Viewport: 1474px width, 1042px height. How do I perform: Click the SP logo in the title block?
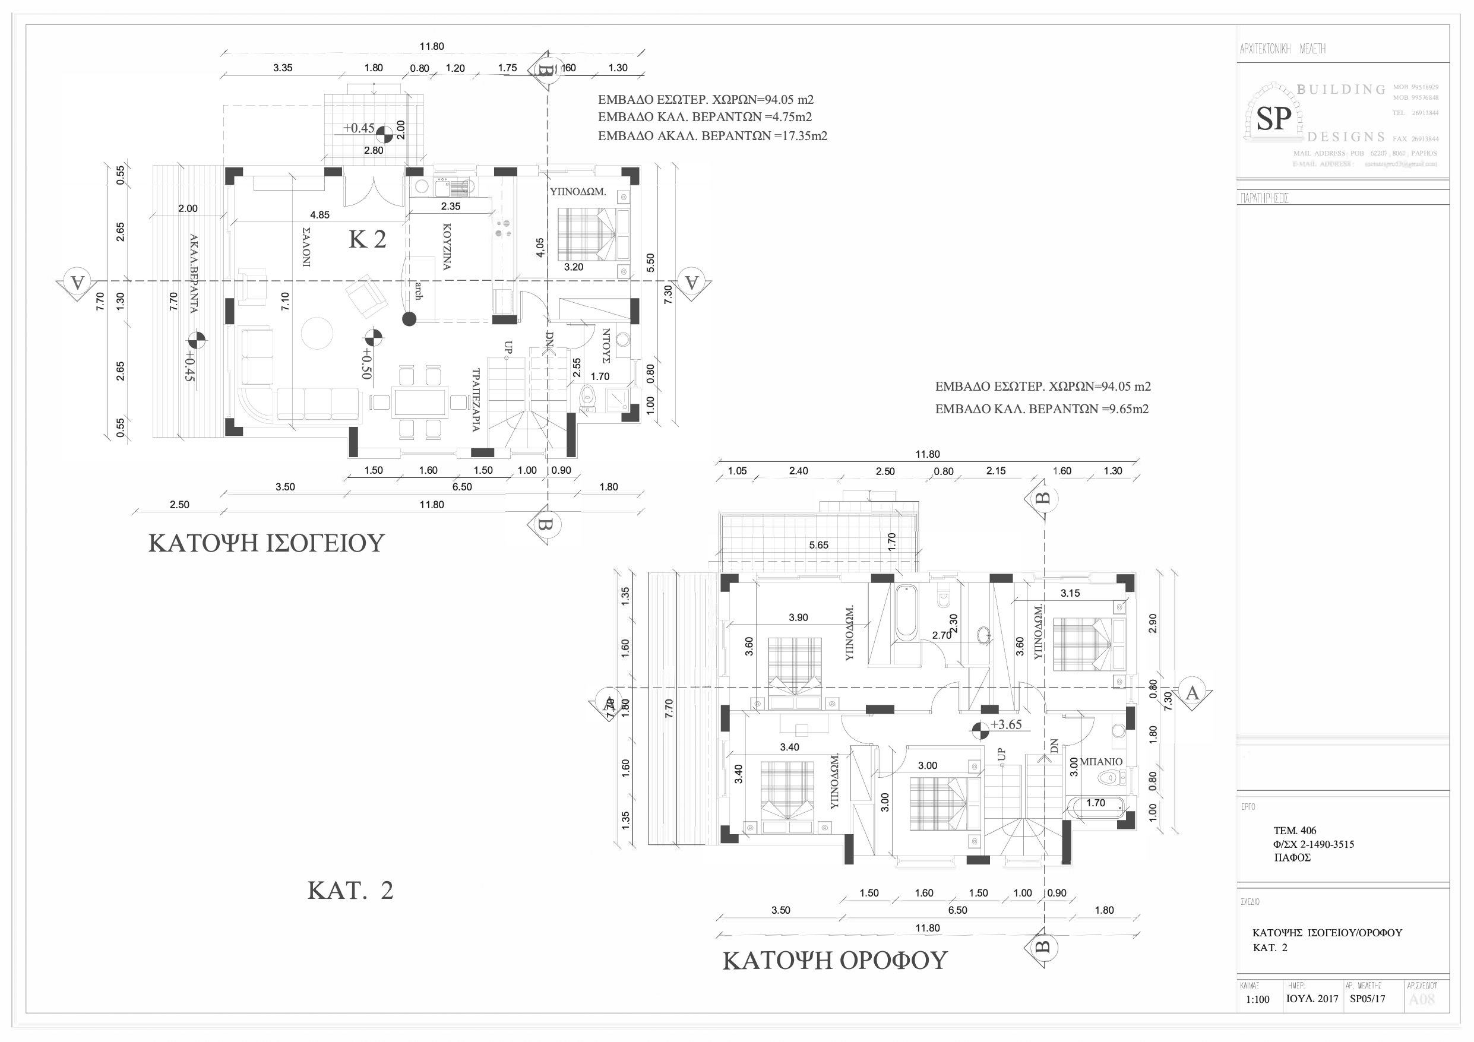coord(1273,119)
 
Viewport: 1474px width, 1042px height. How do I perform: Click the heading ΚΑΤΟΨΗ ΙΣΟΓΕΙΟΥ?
coord(266,543)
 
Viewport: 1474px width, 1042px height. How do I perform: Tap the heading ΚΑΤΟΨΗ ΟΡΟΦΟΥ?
coord(834,961)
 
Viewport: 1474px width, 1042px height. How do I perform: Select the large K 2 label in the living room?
coord(367,239)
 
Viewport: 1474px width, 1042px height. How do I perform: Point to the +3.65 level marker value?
coord(1006,725)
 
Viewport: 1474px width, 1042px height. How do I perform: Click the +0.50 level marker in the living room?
coord(366,363)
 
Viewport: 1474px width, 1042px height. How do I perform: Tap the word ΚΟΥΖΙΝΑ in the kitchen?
coord(447,247)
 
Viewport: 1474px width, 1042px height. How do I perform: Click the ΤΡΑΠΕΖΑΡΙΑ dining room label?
coord(476,400)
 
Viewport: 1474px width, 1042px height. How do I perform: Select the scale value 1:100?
coord(1258,1000)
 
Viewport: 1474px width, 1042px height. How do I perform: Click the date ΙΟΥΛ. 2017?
coord(1312,999)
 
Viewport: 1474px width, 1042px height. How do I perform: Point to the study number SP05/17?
coord(1368,999)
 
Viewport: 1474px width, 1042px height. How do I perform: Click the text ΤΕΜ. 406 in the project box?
coord(1295,830)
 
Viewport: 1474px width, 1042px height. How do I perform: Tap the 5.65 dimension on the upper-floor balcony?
coord(818,545)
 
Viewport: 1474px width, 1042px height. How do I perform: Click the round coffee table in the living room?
coord(317,333)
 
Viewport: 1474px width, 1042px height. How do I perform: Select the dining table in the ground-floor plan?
coord(420,403)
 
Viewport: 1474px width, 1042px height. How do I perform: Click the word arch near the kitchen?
coord(419,290)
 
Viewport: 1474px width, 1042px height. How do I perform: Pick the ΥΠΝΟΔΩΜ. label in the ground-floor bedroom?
coord(578,191)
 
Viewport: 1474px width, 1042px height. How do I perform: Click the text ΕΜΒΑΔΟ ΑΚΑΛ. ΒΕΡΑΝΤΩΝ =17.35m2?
coord(712,136)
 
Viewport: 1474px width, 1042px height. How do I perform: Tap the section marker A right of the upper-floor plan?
coord(1192,693)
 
